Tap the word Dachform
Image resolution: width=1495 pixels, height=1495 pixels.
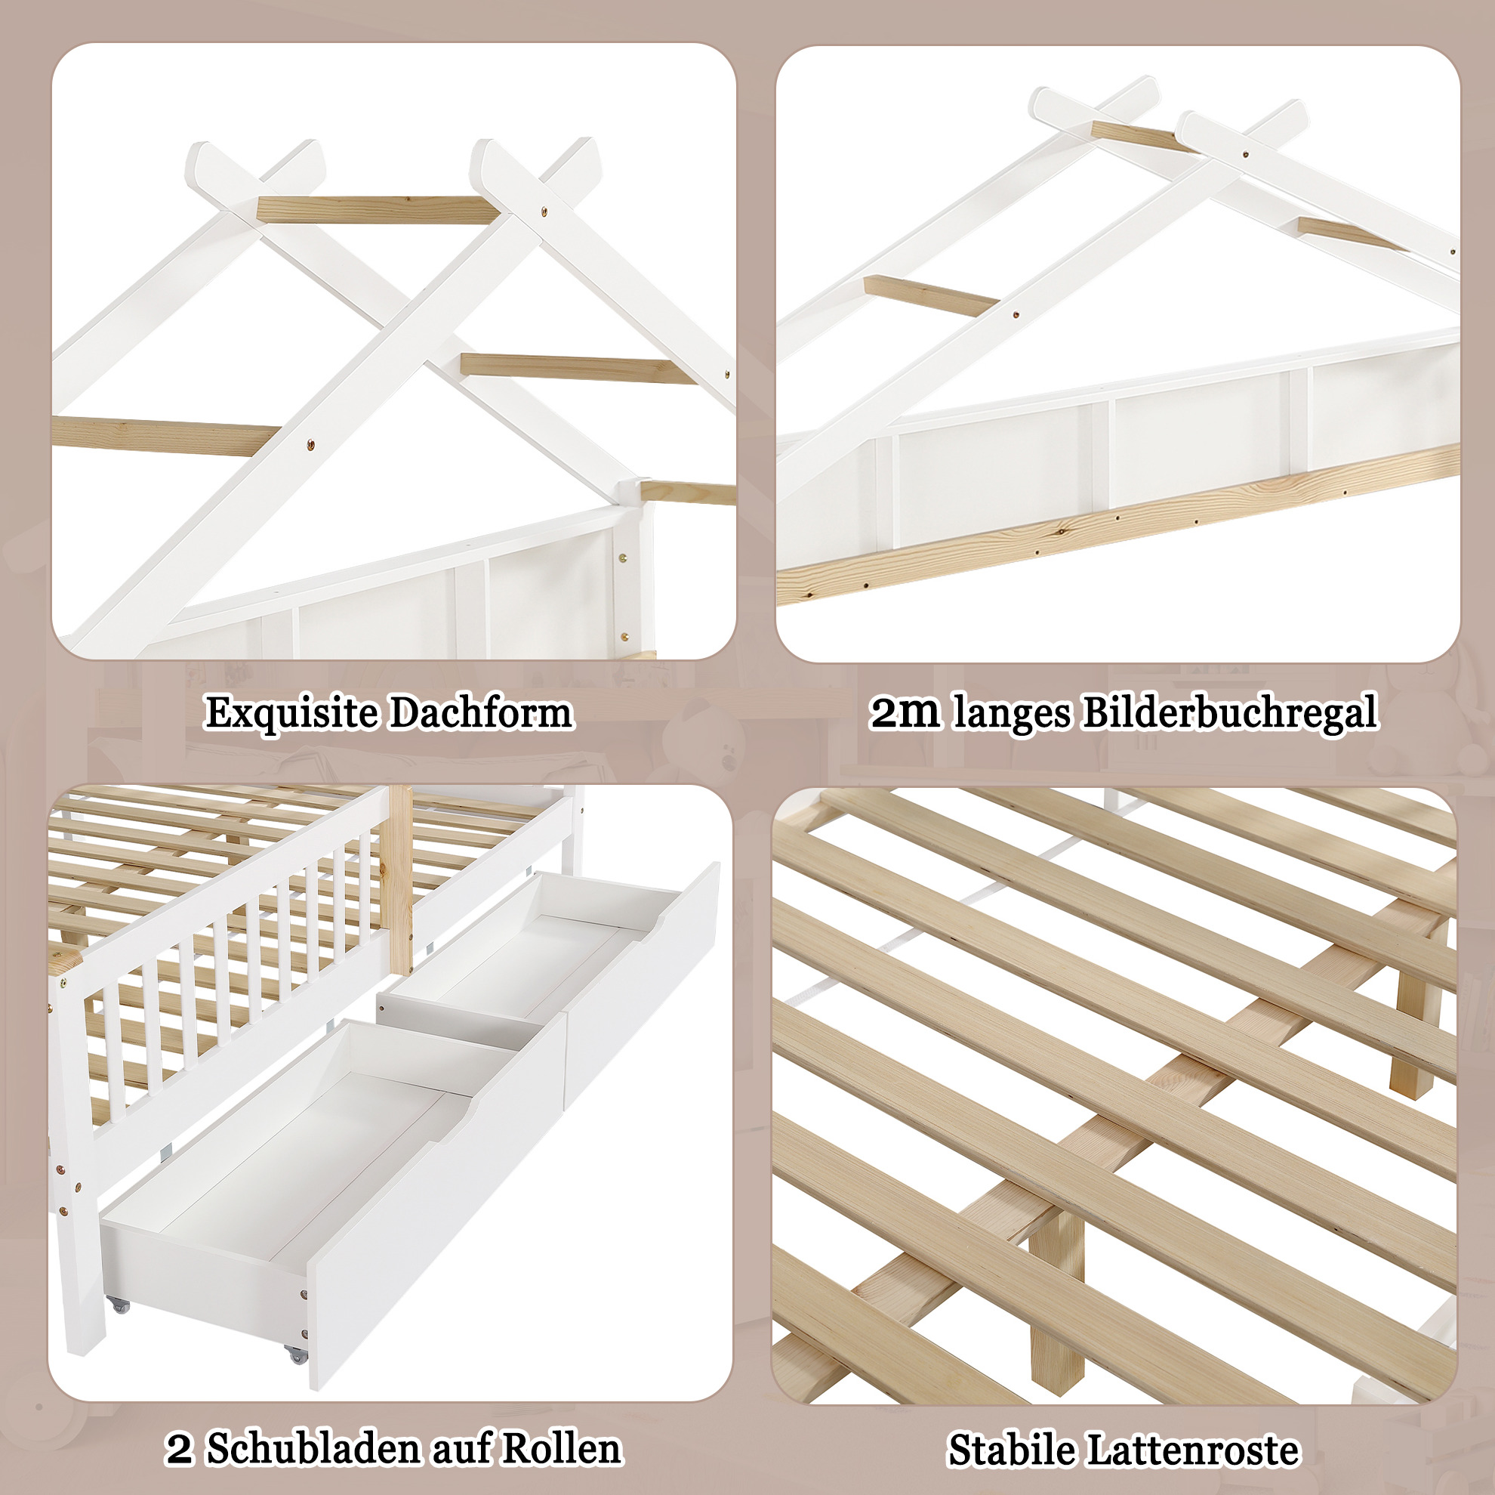click(x=480, y=712)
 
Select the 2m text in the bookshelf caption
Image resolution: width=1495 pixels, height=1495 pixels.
click(x=905, y=714)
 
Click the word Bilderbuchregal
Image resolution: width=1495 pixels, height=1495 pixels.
click(x=1228, y=714)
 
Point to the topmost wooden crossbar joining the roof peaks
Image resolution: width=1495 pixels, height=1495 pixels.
click(x=377, y=209)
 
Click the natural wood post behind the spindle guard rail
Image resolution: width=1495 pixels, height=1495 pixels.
click(x=400, y=879)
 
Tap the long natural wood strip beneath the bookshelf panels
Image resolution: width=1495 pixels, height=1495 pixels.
click(x=1118, y=524)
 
